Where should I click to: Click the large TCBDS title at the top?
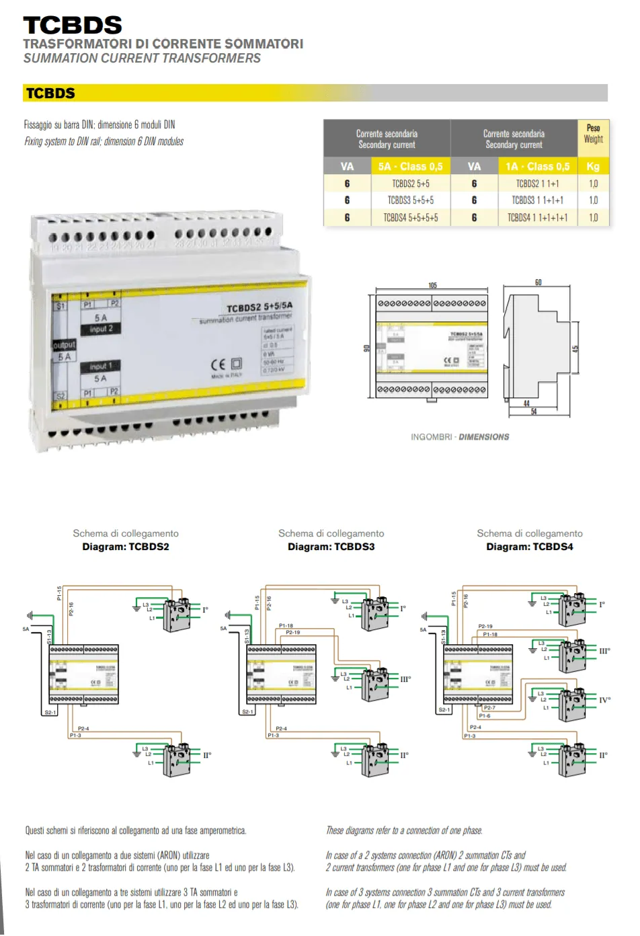(x=73, y=26)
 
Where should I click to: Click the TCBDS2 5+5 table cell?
(x=411, y=184)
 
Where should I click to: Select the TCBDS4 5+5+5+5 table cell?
(x=411, y=218)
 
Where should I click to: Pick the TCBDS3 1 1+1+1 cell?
(x=537, y=200)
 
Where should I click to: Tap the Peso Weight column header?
(x=593, y=134)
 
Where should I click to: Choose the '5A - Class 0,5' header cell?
(x=410, y=167)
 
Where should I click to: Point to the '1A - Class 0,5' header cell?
(x=537, y=167)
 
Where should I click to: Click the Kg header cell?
(x=593, y=167)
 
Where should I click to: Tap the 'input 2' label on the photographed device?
(x=101, y=329)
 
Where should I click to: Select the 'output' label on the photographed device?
(x=65, y=345)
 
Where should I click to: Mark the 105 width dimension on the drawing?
(x=432, y=286)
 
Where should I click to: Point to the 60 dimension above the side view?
(x=538, y=282)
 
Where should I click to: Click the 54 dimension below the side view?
(x=534, y=412)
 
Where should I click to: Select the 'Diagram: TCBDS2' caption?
(x=126, y=547)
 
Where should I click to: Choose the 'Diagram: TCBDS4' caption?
(x=530, y=547)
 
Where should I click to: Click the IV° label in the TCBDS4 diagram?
(x=605, y=700)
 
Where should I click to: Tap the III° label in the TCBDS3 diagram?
(x=405, y=679)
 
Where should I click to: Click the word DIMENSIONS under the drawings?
(x=484, y=437)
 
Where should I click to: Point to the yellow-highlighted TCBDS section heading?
(x=50, y=93)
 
